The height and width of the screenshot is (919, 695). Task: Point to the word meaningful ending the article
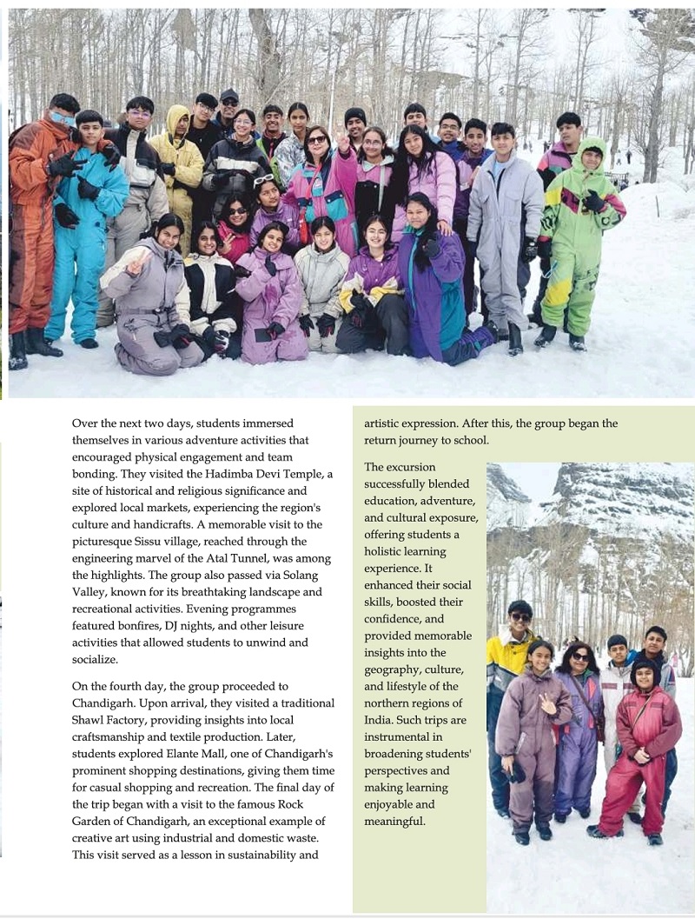pos(395,820)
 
